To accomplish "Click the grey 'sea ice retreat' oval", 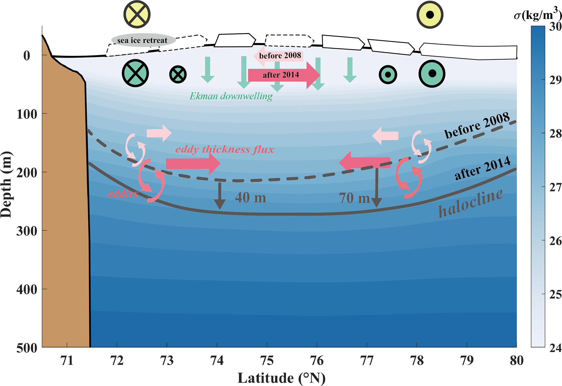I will (x=143, y=40).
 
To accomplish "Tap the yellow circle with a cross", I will (x=137, y=14).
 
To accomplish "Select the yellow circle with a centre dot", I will (x=430, y=15).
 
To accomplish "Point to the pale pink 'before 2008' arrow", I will (x=278, y=56).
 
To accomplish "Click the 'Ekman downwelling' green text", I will (x=231, y=96).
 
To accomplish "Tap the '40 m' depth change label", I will (x=250, y=197).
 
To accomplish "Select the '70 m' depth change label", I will (x=354, y=198).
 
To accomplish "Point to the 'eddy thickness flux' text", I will (x=225, y=149).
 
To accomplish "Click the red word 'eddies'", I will (x=123, y=194).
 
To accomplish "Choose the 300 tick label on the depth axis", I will (x=27, y=231).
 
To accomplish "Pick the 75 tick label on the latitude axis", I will (x=267, y=361).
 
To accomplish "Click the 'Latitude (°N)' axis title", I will (x=281, y=378).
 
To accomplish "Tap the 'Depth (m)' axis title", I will (x=7, y=185).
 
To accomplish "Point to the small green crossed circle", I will (x=178, y=74).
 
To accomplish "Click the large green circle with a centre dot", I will (x=432, y=74).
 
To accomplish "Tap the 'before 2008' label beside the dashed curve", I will (x=477, y=125).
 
